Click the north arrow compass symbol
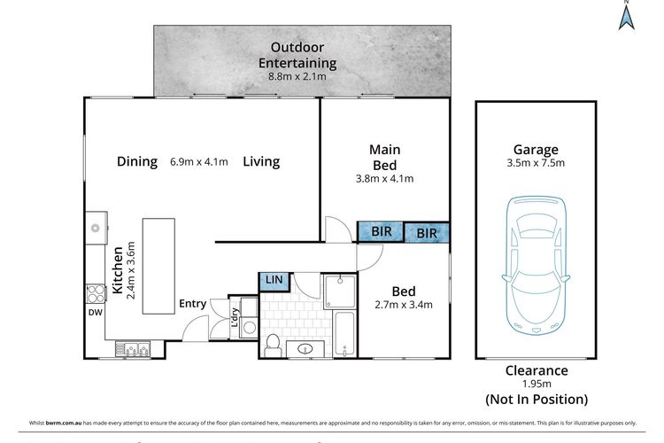tap(626, 15)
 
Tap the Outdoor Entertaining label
tap(297, 55)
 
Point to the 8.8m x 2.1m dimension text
tap(297, 76)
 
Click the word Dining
tap(137, 161)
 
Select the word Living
tap(261, 161)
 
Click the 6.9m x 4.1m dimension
tap(198, 162)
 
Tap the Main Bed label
tap(383, 158)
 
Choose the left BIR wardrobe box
tap(381, 232)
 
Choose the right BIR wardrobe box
tap(427, 234)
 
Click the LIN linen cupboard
tap(274, 280)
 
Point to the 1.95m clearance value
tap(537, 385)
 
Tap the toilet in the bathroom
tap(274, 342)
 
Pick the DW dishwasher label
tap(95, 312)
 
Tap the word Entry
tap(193, 304)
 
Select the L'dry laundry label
tap(235, 318)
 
